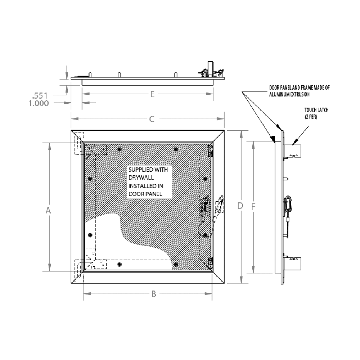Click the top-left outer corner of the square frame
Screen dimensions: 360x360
pyautogui.click(x=71, y=130)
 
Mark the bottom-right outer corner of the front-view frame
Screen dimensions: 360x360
pyautogui.click(x=224, y=284)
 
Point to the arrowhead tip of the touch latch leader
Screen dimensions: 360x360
pyautogui.click(x=292, y=145)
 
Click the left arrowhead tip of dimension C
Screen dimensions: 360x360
pyautogui.click(x=71, y=119)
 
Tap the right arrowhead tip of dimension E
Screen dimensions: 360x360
pyautogui.click(x=213, y=94)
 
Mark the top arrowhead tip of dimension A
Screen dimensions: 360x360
pyautogui.click(x=49, y=143)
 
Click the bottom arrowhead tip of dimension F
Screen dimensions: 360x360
pyautogui.click(x=253, y=273)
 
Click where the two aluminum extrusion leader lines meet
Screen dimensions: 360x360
pyautogui.click(x=242, y=92)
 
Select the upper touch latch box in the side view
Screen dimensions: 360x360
pyautogui.click(x=292, y=151)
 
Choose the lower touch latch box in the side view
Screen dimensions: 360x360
pyautogui.click(x=292, y=264)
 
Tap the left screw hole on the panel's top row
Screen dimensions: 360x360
pyautogui.click(x=119, y=149)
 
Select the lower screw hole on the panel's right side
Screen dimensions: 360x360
pyautogui.click(x=205, y=235)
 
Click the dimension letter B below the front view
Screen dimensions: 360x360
pyautogui.click(x=154, y=294)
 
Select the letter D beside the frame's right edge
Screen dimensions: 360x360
pyautogui.click(x=240, y=206)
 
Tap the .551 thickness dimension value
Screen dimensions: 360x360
pyautogui.click(x=40, y=95)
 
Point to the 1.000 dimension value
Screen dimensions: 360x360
pyautogui.click(x=39, y=103)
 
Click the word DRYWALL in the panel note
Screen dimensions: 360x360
pyautogui.click(x=141, y=178)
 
